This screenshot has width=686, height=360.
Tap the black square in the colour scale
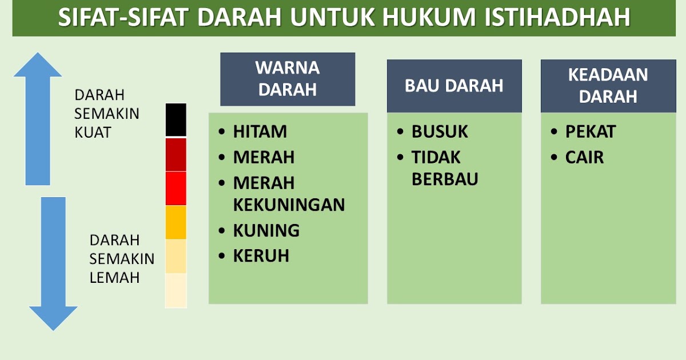[176, 120]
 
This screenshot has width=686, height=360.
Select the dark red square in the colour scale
[176, 154]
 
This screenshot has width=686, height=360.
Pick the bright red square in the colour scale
[176, 189]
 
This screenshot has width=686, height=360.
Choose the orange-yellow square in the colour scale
[176, 222]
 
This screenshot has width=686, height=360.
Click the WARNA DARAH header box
[288, 79]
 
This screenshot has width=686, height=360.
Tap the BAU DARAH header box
[454, 86]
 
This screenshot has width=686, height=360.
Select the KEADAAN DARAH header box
[608, 86]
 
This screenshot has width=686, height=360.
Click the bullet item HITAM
[260, 132]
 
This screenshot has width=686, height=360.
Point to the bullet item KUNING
[266, 231]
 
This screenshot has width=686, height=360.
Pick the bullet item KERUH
[261, 256]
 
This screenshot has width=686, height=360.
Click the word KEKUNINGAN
[289, 205]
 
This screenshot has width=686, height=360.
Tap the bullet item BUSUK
[440, 132]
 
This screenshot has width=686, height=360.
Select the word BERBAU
[445, 179]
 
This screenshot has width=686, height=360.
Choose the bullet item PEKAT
[590, 132]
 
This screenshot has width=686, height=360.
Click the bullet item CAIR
[584, 157]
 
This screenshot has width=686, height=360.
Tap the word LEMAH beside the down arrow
[114, 278]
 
